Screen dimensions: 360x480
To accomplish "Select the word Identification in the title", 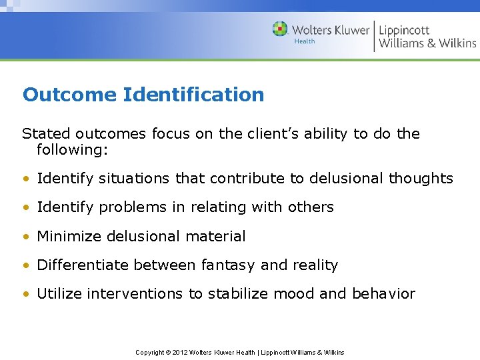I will click(x=193, y=95).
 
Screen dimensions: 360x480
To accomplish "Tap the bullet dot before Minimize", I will click(x=25, y=237).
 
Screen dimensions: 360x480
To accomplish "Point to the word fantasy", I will click(x=227, y=265).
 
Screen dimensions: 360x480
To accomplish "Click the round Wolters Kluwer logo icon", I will click(x=280, y=29).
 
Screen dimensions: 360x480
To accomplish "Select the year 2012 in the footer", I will click(x=180, y=352).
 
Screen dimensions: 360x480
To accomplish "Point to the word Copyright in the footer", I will click(x=150, y=352).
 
